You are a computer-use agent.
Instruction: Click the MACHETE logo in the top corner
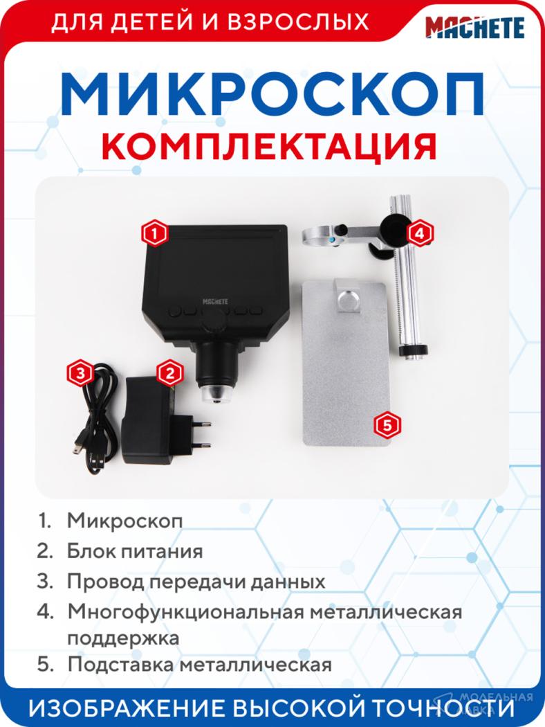tap(475, 27)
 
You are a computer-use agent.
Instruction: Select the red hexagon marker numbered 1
tap(155, 233)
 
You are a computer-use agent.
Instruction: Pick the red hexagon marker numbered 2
tap(169, 373)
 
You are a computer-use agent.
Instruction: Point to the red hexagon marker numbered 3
tap(80, 373)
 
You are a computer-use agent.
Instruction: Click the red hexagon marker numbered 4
tap(420, 233)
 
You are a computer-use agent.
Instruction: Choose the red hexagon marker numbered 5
tap(387, 424)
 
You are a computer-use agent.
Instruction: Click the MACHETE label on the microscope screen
tap(215, 301)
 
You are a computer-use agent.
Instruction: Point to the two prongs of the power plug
tap(201, 434)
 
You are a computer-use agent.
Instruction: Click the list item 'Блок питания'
tap(135, 551)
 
